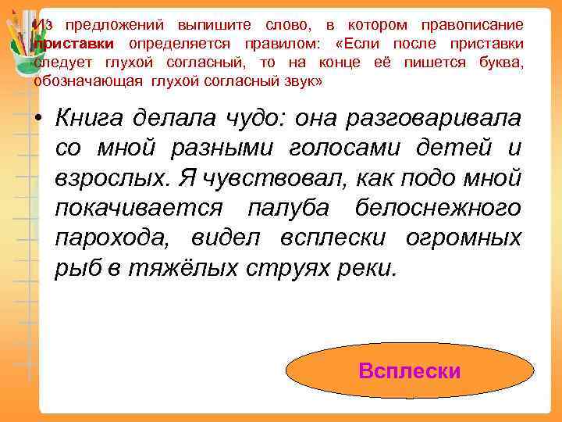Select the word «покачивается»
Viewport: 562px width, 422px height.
pos(139,209)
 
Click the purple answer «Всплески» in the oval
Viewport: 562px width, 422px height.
pos(409,370)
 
